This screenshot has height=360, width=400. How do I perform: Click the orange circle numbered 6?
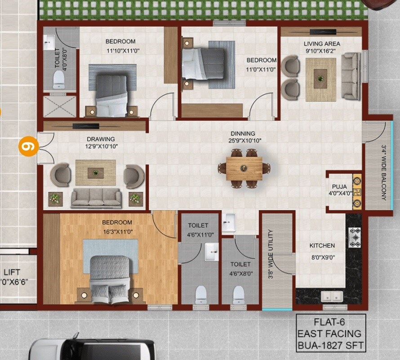(28, 147)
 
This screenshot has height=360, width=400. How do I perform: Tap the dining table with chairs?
(244, 168)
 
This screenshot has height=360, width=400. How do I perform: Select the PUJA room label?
(339, 187)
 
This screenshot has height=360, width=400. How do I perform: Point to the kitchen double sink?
(332, 297)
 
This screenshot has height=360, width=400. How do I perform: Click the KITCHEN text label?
(322, 246)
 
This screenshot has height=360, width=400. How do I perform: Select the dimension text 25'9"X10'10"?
(243, 140)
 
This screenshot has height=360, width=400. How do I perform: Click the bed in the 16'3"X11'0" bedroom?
(110, 275)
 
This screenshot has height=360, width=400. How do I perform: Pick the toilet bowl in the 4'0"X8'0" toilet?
(59, 80)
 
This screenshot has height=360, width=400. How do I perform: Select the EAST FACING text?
(331, 334)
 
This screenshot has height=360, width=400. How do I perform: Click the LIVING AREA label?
(322, 44)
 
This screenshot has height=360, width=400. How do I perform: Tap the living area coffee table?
(320, 79)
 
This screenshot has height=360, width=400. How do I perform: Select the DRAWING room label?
(101, 139)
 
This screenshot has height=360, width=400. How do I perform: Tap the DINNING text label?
(243, 133)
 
